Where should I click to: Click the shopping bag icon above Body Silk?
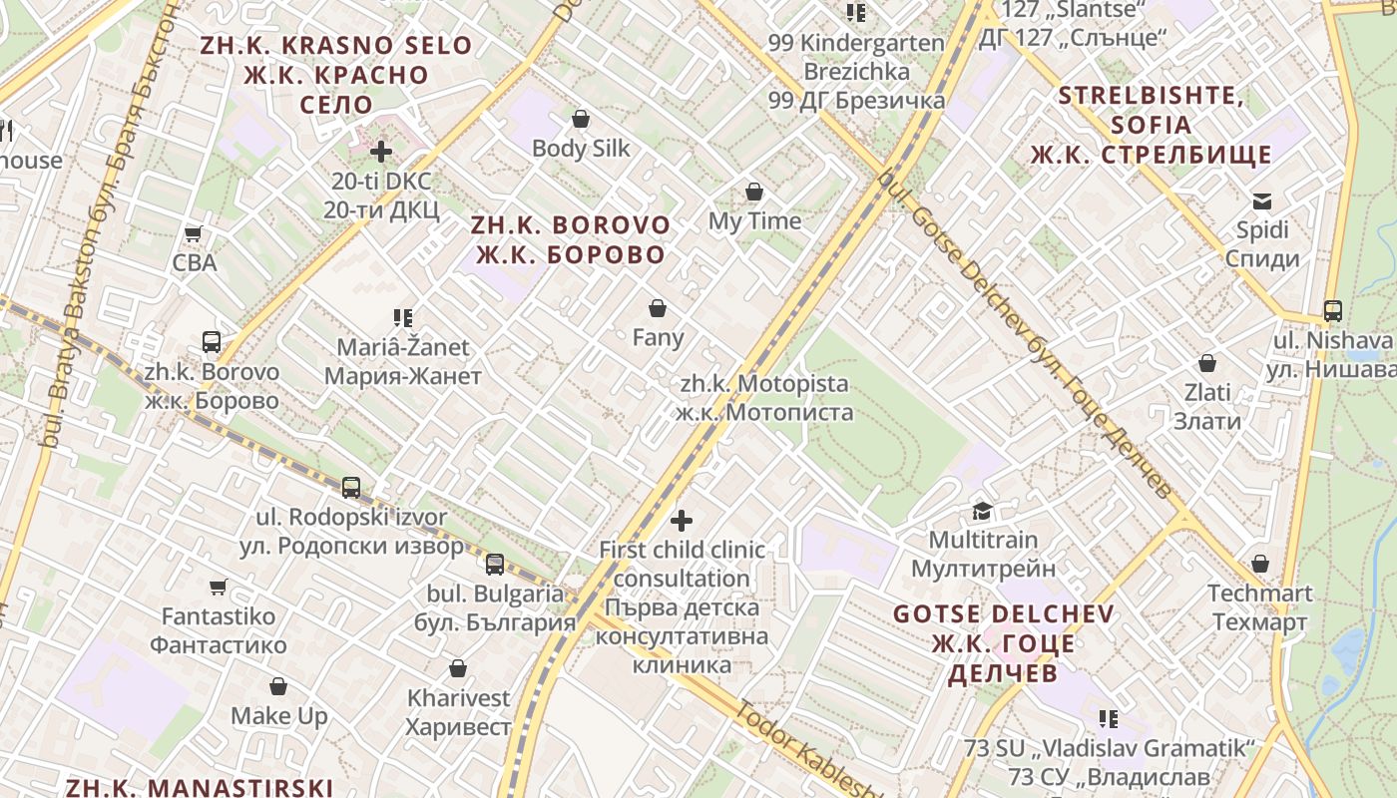(x=581, y=119)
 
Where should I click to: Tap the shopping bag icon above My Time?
(x=754, y=192)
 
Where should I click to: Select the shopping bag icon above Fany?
(x=657, y=308)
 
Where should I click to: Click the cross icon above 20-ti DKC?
(x=381, y=152)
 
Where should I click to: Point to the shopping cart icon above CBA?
(x=194, y=233)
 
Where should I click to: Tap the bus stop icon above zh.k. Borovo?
(x=212, y=342)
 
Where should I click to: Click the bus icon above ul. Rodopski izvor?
(x=351, y=488)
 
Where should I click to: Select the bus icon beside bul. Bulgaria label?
(x=495, y=565)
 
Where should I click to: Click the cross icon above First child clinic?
(x=682, y=520)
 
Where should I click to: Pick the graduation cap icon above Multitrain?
(x=983, y=511)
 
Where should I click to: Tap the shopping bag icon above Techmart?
(x=1260, y=565)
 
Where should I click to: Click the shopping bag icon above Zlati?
(x=1207, y=363)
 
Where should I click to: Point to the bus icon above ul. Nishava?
(x=1333, y=311)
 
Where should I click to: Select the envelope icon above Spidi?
(x=1262, y=201)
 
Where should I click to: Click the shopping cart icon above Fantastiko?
(x=219, y=587)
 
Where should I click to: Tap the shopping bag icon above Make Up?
(x=278, y=686)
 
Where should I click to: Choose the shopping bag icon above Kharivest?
(x=458, y=668)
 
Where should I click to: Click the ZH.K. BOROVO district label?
(x=571, y=239)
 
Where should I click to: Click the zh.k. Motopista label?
(x=764, y=398)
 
